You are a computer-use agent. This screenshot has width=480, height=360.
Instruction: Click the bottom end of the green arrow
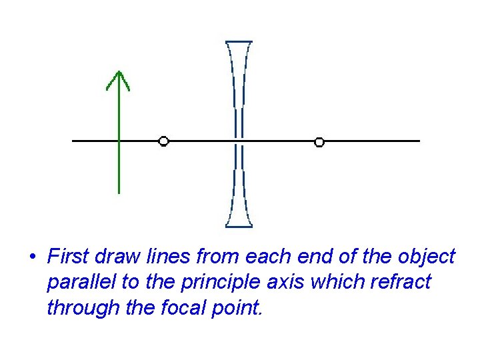[118, 192]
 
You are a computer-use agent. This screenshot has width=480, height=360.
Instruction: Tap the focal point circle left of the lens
[163, 141]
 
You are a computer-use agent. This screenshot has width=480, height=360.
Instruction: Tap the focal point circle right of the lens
[319, 141]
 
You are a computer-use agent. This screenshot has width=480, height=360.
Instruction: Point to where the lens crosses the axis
[239, 141]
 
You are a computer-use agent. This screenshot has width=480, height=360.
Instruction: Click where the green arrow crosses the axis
[118, 141]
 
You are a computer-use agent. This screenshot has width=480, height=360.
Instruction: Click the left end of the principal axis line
[73, 141]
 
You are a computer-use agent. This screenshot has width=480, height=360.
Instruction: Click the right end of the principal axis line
[419, 141]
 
